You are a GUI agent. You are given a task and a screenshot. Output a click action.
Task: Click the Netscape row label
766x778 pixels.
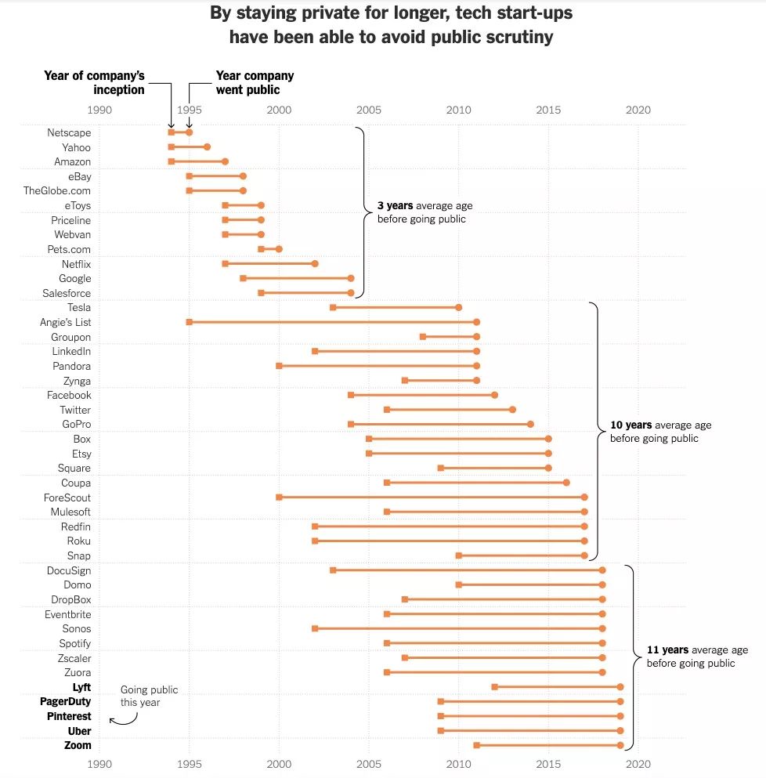(x=69, y=133)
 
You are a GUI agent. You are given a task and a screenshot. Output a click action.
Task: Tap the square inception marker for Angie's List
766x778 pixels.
(x=190, y=322)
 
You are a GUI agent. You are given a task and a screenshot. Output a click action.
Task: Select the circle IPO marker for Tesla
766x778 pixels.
(x=459, y=308)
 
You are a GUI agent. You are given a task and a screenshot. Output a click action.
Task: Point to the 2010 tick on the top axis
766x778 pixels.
(x=459, y=110)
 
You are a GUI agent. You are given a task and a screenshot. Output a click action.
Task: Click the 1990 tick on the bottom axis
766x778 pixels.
(x=99, y=762)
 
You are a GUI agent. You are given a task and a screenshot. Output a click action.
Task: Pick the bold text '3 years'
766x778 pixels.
(x=396, y=206)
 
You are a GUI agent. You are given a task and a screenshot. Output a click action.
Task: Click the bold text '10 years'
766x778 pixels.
(x=631, y=425)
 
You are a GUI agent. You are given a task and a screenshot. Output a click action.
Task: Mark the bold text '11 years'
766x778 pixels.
(x=667, y=650)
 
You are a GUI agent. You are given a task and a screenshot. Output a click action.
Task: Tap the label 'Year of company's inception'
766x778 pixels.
(x=95, y=82)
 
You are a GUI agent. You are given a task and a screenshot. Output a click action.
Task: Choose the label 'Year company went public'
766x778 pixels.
(x=255, y=82)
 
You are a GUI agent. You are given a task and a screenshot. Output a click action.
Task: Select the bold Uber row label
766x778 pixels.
(x=79, y=731)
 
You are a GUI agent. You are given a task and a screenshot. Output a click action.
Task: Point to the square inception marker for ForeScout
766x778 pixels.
(x=279, y=498)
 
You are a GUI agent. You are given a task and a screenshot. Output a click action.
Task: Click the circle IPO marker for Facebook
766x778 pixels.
(x=494, y=395)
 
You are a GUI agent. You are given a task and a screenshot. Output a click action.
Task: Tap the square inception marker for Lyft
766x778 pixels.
(x=494, y=687)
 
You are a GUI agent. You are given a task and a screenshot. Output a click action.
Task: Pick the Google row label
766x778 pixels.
(x=75, y=278)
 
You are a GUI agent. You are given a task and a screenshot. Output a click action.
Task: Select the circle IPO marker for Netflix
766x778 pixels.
(x=315, y=264)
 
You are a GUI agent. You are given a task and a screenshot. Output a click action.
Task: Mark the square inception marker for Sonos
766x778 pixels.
(x=315, y=628)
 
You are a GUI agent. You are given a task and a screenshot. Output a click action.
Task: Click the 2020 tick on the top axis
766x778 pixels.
(x=638, y=110)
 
